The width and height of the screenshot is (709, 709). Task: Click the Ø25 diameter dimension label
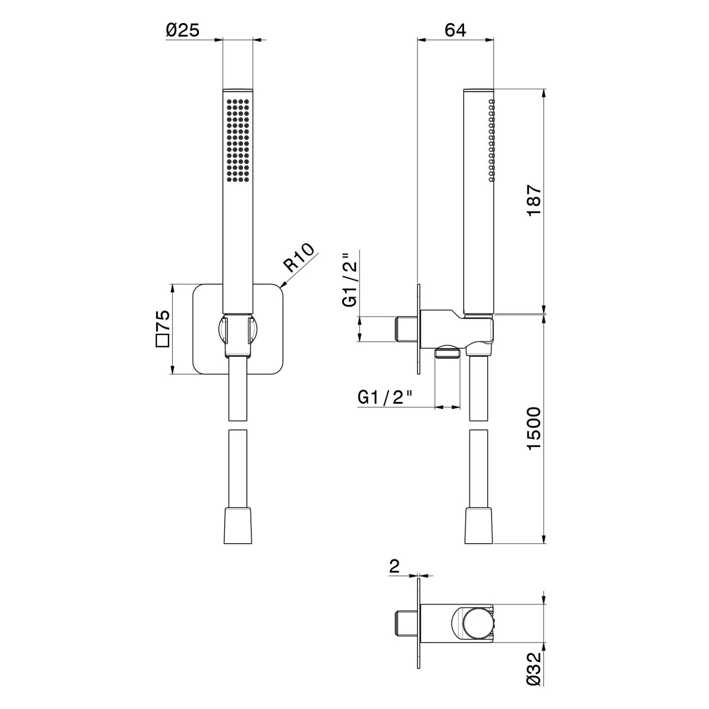[183, 30]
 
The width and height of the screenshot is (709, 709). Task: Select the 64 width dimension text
[456, 30]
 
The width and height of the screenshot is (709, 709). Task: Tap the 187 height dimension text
[534, 200]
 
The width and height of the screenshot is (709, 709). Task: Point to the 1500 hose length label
[534, 428]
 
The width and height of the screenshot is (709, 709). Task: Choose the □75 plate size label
[163, 328]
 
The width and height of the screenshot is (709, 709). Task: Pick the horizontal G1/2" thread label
[385, 397]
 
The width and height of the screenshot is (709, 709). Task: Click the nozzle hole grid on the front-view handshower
[238, 140]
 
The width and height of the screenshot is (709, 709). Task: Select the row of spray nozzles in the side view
[491, 140]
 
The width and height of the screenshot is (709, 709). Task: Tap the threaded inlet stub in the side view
[407, 329]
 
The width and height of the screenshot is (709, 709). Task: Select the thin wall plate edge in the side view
[418, 329]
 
